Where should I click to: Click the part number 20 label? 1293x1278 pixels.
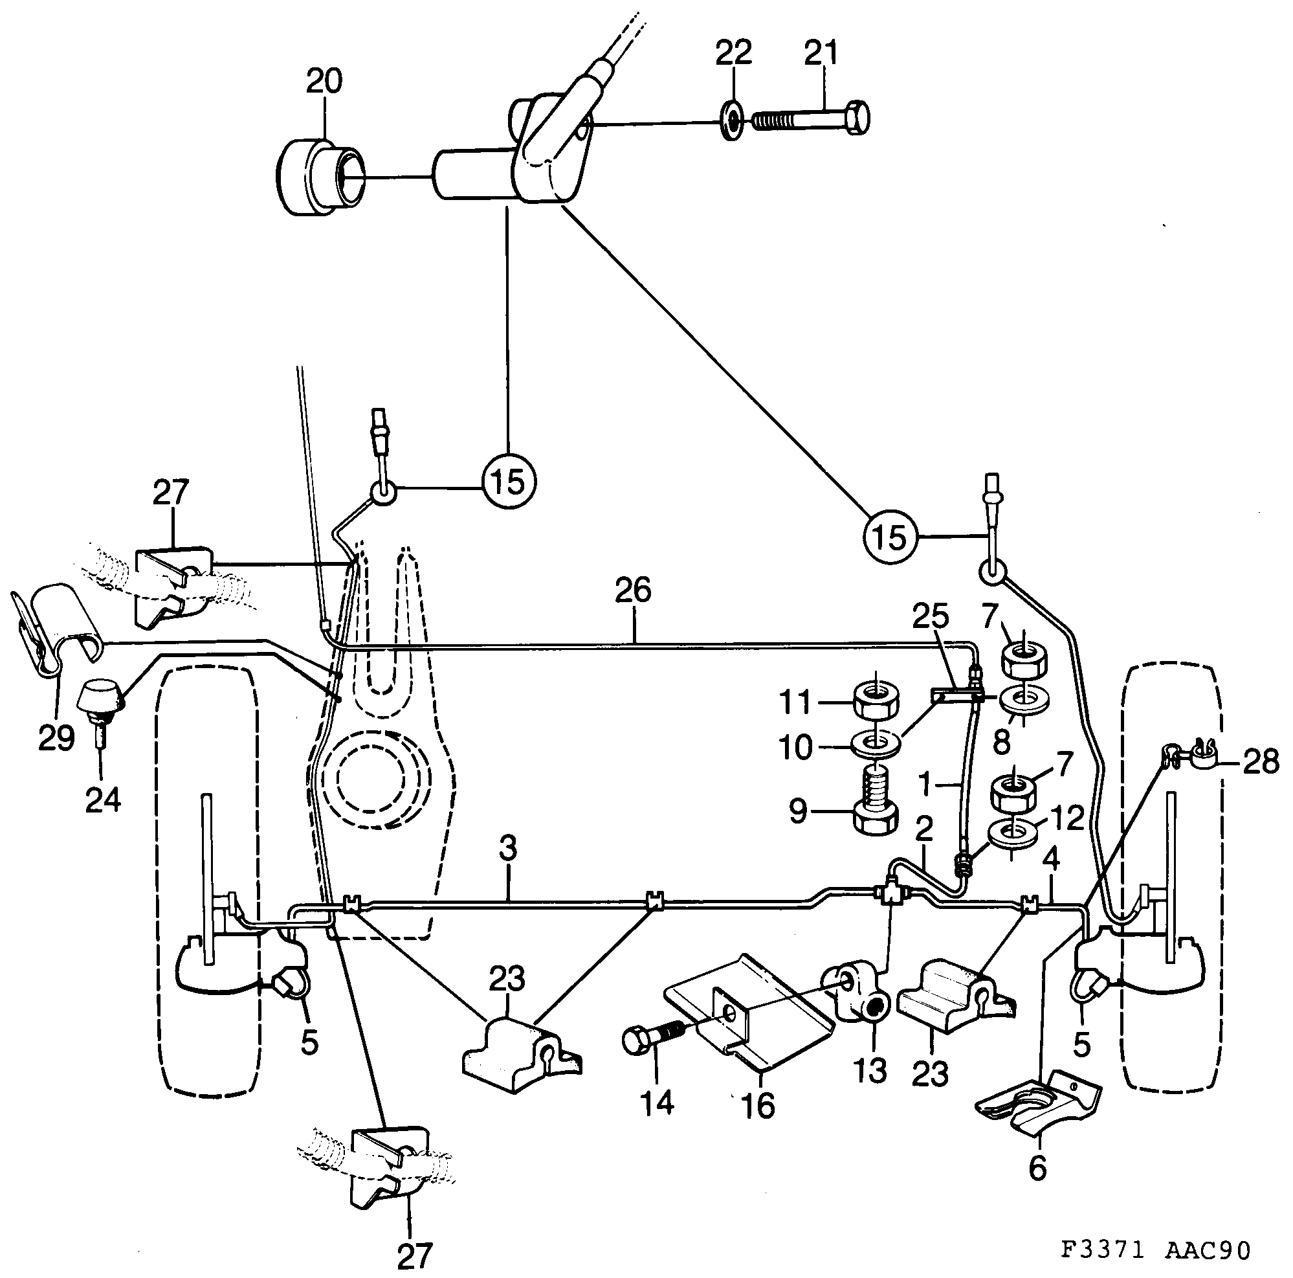click(x=324, y=81)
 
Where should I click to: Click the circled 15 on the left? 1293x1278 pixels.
click(x=509, y=480)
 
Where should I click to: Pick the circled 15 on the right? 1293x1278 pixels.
click(x=890, y=536)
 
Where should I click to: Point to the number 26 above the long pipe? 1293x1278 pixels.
click(x=633, y=591)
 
